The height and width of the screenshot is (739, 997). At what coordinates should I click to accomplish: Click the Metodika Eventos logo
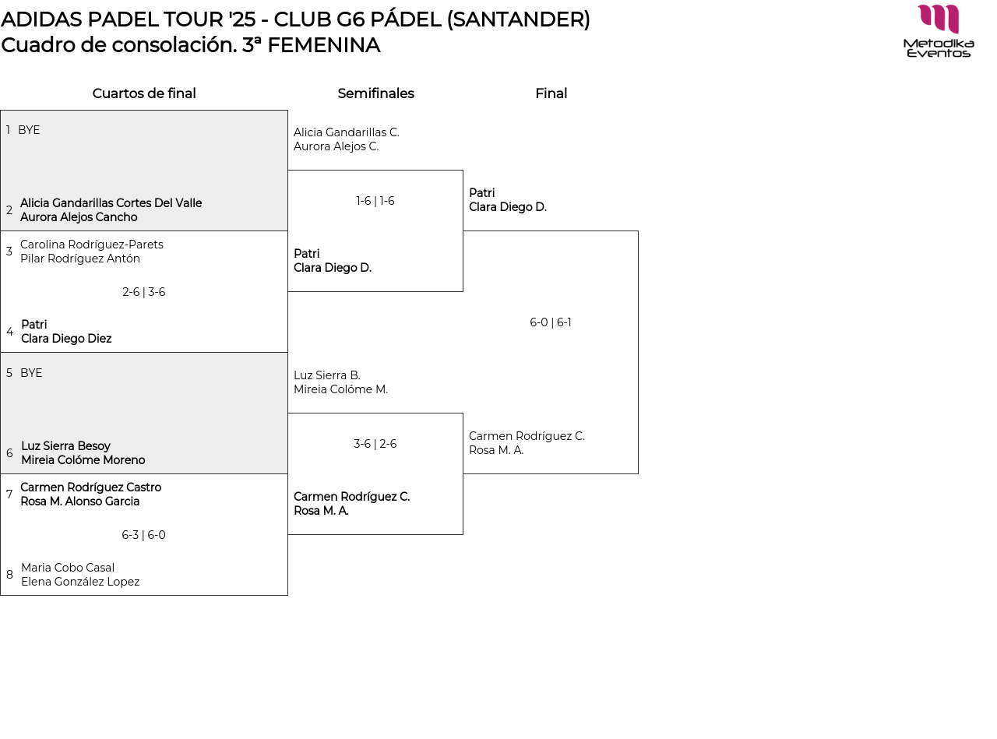pos(939,31)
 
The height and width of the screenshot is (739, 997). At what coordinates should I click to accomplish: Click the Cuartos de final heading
pos(144,93)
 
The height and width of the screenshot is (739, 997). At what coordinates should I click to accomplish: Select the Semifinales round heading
pos(375,93)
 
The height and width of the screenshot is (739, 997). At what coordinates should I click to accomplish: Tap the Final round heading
pos(551,93)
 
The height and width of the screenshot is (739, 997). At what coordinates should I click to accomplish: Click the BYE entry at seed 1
pos(29,130)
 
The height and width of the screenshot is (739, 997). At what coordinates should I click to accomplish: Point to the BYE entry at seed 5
pos(31,373)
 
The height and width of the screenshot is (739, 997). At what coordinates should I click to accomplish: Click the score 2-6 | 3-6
pos(144,292)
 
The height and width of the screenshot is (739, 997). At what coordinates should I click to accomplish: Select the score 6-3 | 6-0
pos(144,535)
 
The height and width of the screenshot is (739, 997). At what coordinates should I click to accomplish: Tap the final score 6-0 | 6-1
pos(551,322)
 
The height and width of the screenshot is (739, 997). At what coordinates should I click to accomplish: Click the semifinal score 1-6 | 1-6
pos(375,201)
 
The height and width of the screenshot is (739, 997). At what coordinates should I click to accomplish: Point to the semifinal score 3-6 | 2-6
pos(375,444)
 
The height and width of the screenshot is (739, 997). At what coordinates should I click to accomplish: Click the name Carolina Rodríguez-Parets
pos(92,245)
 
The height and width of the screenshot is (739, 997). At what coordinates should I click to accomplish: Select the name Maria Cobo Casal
pos(68,568)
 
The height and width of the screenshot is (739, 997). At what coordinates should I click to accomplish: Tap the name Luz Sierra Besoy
pos(65,446)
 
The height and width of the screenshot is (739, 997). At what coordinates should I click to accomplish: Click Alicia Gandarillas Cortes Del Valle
pos(111,203)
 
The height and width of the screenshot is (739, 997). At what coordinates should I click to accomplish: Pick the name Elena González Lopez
pos(80,582)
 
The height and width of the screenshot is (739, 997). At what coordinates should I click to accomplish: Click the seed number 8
pos(9,575)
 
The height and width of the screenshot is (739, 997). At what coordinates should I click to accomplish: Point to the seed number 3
pos(9,252)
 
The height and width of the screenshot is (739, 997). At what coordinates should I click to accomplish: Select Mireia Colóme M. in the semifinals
pos(340,389)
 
